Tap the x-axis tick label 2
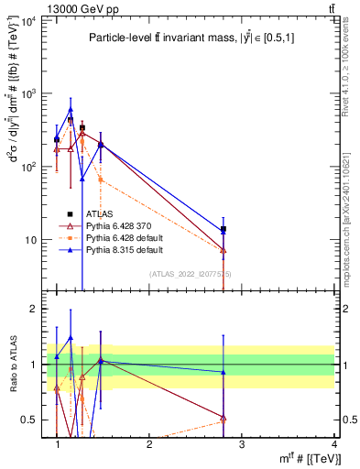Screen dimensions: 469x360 pyautogui.click(x=149, y=444)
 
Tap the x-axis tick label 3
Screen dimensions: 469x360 pyautogui.click(x=241, y=444)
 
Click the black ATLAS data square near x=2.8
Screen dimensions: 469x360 pyautogui.click(x=223, y=229)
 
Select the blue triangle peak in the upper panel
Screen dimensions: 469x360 pyautogui.click(x=71, y=110)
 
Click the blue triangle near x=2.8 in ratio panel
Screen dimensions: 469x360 pyautogui.click(x=223, y=372)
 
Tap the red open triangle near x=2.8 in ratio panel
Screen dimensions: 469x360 pyautogui.click(x=223, y=418)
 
